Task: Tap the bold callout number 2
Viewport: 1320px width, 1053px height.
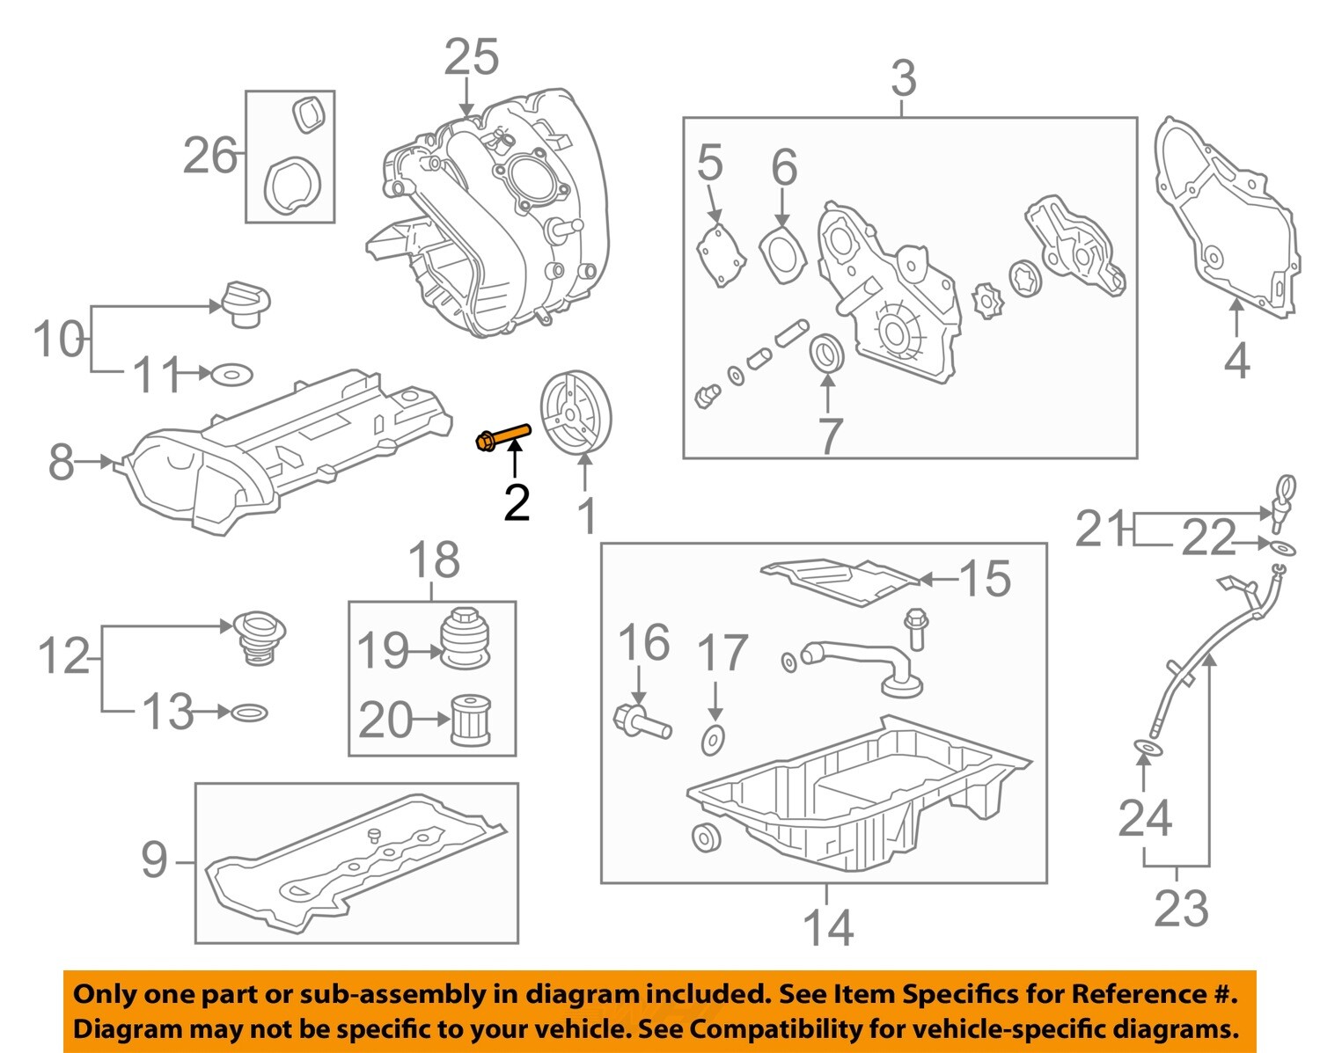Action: pos(517,503)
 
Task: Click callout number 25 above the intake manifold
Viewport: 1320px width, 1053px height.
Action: pos(471,57)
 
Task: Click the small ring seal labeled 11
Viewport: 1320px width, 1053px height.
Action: pos(231,374)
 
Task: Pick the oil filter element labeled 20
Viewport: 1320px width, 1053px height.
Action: pos(471,720)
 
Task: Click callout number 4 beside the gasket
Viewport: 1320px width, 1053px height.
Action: pos(1236,361)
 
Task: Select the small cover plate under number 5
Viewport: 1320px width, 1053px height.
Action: pos(721,256)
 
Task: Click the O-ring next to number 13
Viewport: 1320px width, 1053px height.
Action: pos(249,713)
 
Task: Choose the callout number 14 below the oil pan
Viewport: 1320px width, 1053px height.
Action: pos(827,927)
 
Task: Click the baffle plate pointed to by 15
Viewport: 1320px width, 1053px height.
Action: pos(840,581)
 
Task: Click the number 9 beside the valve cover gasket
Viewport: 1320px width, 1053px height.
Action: pos(154,859)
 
